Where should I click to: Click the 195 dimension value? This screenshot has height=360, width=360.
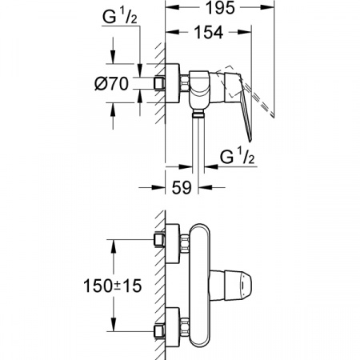point(221,8)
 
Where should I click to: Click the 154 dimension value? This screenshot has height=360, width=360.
point(209,32)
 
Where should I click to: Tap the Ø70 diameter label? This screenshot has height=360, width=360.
point(112,83)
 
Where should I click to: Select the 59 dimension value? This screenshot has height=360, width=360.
point(182,187)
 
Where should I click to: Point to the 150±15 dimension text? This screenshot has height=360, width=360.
point(113,286)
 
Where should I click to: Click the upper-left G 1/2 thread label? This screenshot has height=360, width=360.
point(120,18)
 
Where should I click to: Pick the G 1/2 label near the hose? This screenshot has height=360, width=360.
point(237,157)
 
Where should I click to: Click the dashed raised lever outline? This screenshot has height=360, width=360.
point(246,90)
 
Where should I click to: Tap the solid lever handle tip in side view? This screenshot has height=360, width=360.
point(250,141)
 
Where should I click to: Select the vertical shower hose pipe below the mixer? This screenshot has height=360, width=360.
point(198,144)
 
